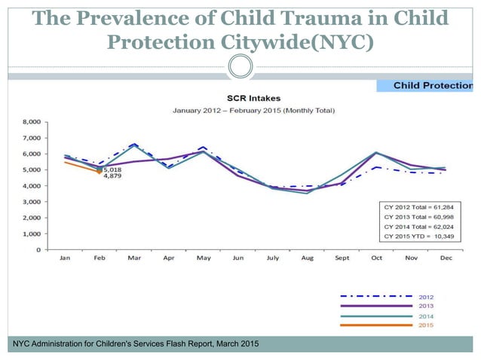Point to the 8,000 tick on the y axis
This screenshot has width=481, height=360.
tap(30, 121)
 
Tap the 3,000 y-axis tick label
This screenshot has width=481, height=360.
tap(30, 202)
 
